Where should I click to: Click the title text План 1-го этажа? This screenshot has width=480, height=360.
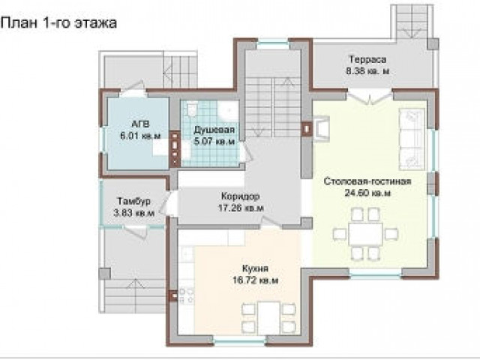click(x=58, y=23)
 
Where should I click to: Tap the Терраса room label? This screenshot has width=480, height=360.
click(x=367, y=59)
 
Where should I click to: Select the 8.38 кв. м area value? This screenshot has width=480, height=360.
click(x=367, y=71)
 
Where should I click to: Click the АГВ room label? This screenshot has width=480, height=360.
click(x=140, y=124)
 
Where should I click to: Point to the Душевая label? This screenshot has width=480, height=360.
click(x=214, y=130)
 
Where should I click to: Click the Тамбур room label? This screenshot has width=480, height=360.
click(x=133, y=201)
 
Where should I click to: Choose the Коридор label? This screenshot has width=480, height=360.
click(x=240, y=196)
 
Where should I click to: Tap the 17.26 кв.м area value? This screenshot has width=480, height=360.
click(x=241, y=208)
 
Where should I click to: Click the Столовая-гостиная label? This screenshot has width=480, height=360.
click(x=367, y=181)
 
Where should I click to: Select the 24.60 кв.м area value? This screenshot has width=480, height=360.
click(x=367, y=193)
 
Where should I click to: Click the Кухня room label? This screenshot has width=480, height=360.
click(x=255, y=268)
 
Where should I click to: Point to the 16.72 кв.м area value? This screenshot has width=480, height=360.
click(x=256, y=280)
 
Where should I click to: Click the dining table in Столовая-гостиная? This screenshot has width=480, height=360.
click(x=365, y=233)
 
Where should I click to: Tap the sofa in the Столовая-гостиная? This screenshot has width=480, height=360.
click(x=412, y=139)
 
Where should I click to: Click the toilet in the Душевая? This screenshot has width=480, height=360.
click(x=192, y=109)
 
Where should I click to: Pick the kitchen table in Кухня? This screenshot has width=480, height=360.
click(x=268, y=318)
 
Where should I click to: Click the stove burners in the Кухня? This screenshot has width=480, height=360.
click(x=186, y=295)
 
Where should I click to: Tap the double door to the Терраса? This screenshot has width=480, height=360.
click(x=370, y=97)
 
